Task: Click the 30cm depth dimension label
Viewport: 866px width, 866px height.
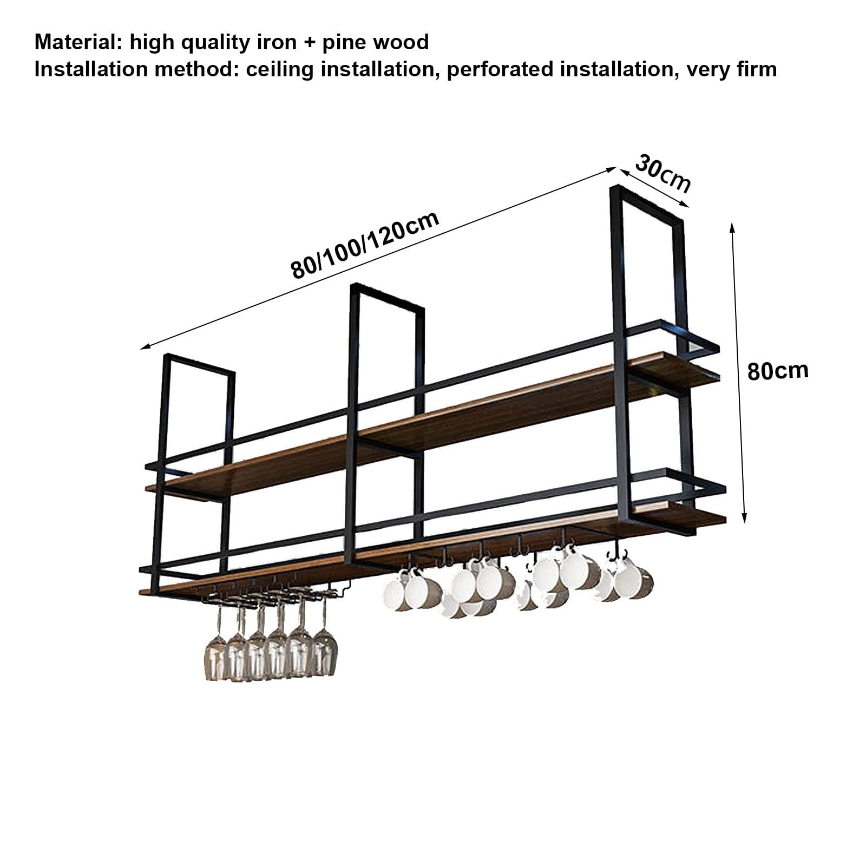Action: tap(663, 173)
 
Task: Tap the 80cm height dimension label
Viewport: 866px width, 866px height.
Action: tap(778, 371)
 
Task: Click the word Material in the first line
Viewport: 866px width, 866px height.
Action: tap(78, 42)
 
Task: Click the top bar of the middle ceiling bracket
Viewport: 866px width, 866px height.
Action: tap(387, 297)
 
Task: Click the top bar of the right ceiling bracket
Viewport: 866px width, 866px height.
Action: tap(647, 204)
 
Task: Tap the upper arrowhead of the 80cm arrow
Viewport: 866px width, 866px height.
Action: tap(732, 227)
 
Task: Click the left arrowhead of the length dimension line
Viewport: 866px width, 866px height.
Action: tap(145, 346)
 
